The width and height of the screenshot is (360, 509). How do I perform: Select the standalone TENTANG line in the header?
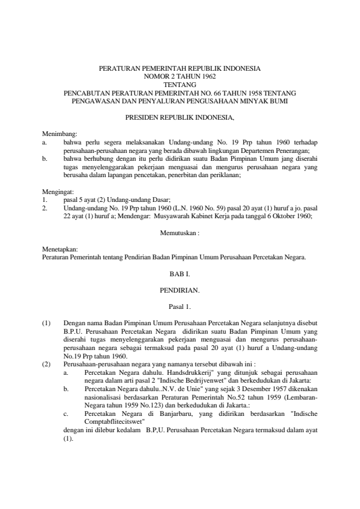(180, 85)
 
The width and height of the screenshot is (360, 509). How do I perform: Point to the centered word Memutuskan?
(179, 233)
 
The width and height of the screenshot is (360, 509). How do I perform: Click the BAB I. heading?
(180, 273)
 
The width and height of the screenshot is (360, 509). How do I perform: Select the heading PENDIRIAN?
(180, 290)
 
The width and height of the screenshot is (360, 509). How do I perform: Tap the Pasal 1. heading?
(180, 306)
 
